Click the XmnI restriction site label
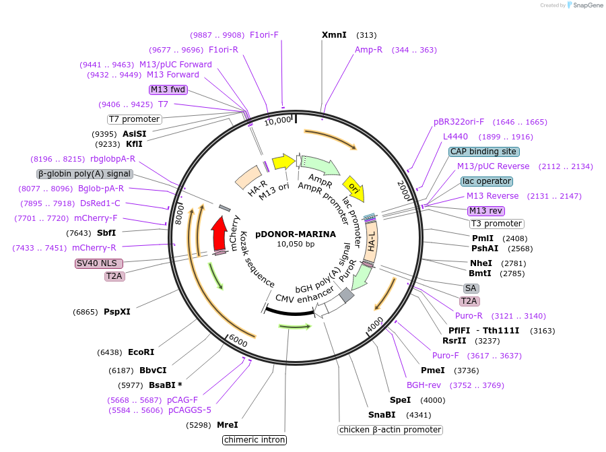click(x=334, y=35)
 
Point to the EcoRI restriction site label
click(x=141, y=352)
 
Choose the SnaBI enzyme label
click(x=382, y=414)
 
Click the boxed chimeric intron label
click(x=255, y=440)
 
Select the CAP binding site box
click(x=483, y=152)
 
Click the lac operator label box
click(x=487, y=181)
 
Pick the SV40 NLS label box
click(x=98, y=263)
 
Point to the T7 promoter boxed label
click(x=135, y=119)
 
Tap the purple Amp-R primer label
click(x=368, y=50)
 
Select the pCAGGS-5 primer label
click(x=190, y=410)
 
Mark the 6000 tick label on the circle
click(x=238, y=340)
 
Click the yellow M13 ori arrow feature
click(x=283, y=161)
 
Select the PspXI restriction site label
click(x=117, y=311)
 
